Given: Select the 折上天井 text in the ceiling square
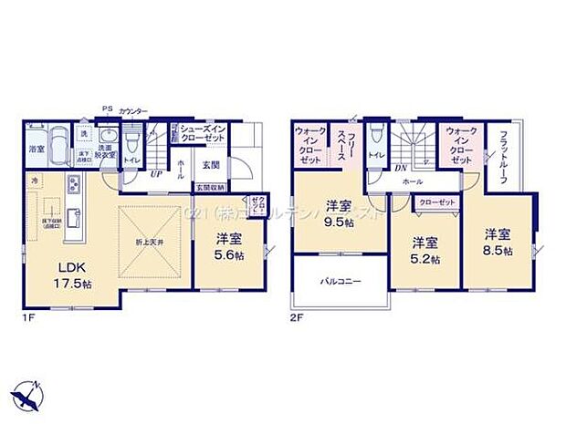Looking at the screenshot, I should click(152, 240).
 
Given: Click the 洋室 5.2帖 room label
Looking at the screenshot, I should click(422, 249).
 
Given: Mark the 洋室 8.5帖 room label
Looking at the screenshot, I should click(497, 241).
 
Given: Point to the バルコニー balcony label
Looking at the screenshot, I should click(340, 282).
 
